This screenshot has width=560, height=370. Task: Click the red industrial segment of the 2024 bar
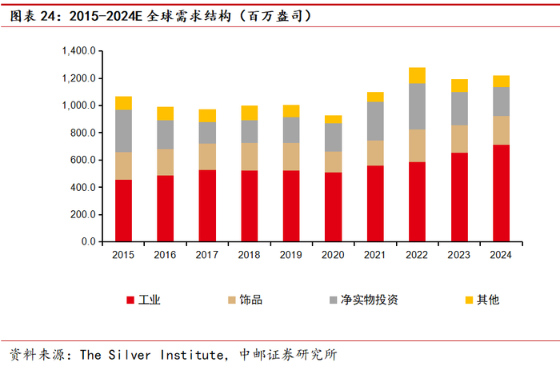coord(501,193)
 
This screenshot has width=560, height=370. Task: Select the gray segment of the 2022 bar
coord(417,106)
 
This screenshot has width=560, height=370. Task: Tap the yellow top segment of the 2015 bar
coord(123,103)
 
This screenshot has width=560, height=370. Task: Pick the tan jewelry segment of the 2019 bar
coord(291,157)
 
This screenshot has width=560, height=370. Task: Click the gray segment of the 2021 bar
coord(375,121)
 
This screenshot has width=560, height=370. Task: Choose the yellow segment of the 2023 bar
coord(459,86)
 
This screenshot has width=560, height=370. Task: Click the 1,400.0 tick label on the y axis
coord(78,51)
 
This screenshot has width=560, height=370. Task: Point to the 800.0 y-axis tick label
coord(82,133)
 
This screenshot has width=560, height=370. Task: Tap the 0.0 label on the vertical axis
coord(89,241)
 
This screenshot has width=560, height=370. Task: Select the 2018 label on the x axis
coord(249,254)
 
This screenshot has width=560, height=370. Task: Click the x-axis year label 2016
coord(165,254)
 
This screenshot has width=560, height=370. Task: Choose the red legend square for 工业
coord(130,300)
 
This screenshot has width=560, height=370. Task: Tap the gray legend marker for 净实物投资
coord(331,300)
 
